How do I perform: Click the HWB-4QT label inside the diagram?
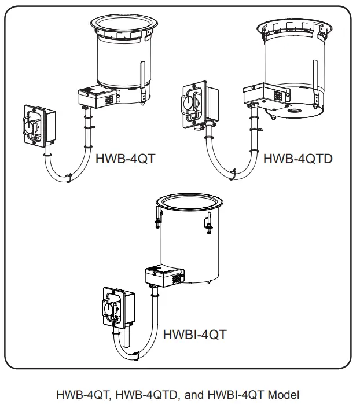(x=125, y=158)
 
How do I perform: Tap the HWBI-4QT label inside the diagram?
(x=194, y=334)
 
